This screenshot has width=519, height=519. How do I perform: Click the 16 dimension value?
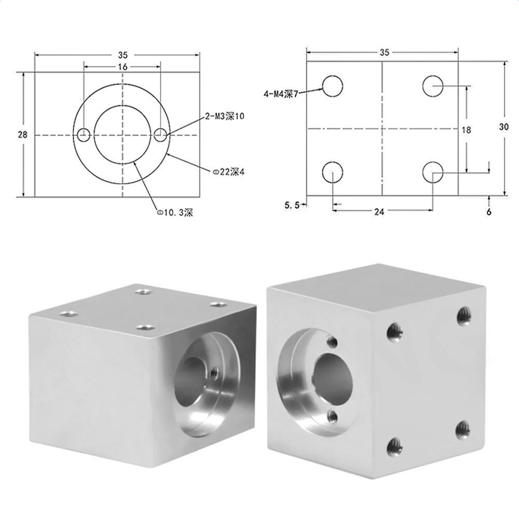(x=122, y=66)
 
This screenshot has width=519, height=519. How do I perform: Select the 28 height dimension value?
(x=22, y=134)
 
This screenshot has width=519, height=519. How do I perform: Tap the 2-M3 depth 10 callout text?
(x=225, y=117)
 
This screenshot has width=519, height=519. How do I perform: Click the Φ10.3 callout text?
(x=174, y=212)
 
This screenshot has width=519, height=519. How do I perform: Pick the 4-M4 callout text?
(x=280, y=94)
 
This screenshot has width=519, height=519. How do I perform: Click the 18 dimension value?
(x=466, y=130)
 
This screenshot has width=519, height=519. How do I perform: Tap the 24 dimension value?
(x=379, y=211)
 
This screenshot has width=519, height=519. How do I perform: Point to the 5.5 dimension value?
(x=292, y=205)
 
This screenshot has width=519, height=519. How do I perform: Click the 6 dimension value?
(x=489, y=211)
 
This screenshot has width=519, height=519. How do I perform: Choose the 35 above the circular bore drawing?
(x=122, y=54)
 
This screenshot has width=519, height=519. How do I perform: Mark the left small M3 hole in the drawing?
(x=83, y=135)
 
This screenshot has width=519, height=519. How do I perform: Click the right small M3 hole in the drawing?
(x=160, y=135)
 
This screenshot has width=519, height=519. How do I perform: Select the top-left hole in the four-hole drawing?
(x=332, y=86)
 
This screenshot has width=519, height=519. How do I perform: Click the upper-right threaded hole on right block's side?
(x=463, y=316)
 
